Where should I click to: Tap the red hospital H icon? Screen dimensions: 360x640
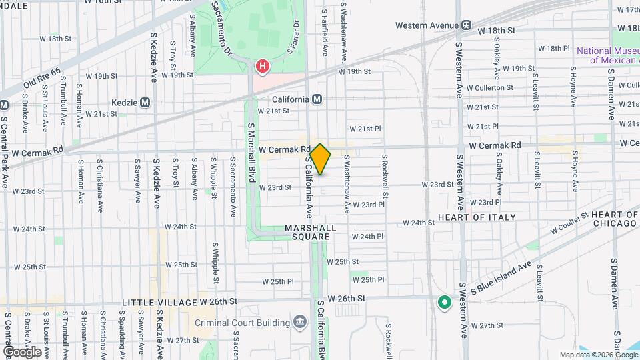(263, 66)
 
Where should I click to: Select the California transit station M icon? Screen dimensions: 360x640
(317, 99)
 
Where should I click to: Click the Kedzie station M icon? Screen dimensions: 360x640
(145, 103)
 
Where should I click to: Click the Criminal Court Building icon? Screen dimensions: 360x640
(301, 323)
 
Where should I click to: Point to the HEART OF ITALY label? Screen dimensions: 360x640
(477, 217)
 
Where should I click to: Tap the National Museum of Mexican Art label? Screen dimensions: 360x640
(607, 55)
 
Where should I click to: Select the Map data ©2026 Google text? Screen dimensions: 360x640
(598, 355)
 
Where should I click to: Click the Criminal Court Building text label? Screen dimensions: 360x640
(244, 323)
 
